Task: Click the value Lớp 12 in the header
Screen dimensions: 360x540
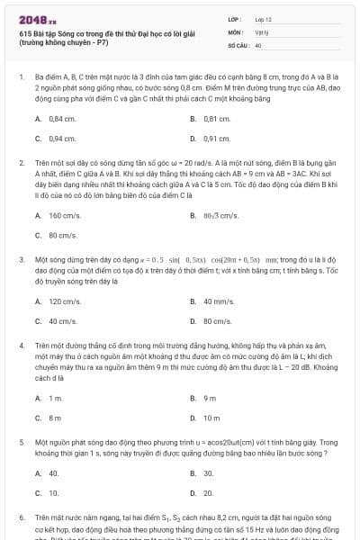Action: [263, 18]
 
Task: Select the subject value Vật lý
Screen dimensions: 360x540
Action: [262, 31]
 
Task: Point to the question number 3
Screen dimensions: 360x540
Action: [22, 258]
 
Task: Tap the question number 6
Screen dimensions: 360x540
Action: [22, 519]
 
